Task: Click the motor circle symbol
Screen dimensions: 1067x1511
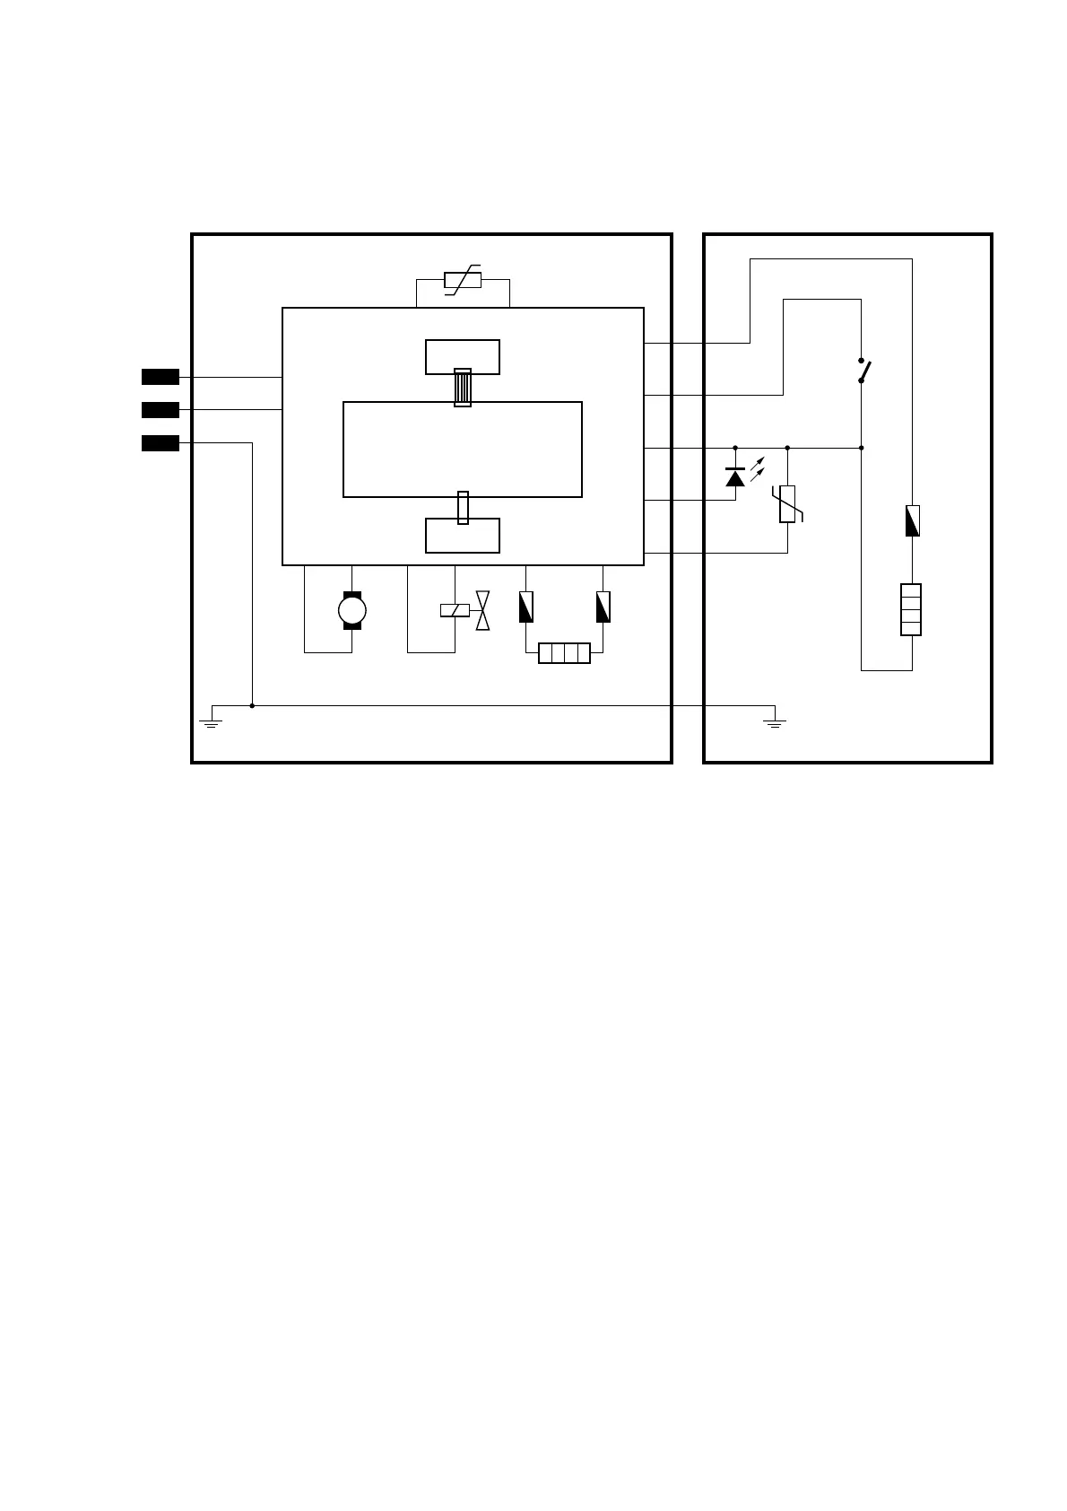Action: (x=351, y=611)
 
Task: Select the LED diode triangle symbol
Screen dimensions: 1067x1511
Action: (x=735, y=478)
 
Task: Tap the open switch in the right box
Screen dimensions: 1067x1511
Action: (x=863, y=370)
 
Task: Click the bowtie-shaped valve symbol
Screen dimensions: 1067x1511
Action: (x=482, y=610)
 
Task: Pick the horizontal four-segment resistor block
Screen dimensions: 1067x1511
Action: (x=564, y=653)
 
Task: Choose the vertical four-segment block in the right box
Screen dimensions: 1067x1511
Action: (x=911, y=609)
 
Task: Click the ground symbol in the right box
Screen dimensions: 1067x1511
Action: (x=775, y=721)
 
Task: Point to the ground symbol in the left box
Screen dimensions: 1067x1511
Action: (x=212, y=721)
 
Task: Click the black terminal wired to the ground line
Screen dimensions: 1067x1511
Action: (x=160, y=443)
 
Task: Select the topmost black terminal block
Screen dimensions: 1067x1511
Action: (x=160, y=377)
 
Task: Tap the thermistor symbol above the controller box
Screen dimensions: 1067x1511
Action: (x=463, y=281)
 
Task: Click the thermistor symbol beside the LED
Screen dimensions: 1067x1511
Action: (x=787, y=504)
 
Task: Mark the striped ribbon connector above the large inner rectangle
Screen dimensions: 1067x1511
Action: (x=463, y=388)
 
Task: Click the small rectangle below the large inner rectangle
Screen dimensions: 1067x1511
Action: (x=463, y=537)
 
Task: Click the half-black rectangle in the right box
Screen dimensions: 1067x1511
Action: (x=912, y=520)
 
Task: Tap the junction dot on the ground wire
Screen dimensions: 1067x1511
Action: (x=252, y=706)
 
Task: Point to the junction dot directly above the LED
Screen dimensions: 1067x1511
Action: (x=735, y=447)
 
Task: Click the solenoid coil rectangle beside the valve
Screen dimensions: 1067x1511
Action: (x=455, y=611)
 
